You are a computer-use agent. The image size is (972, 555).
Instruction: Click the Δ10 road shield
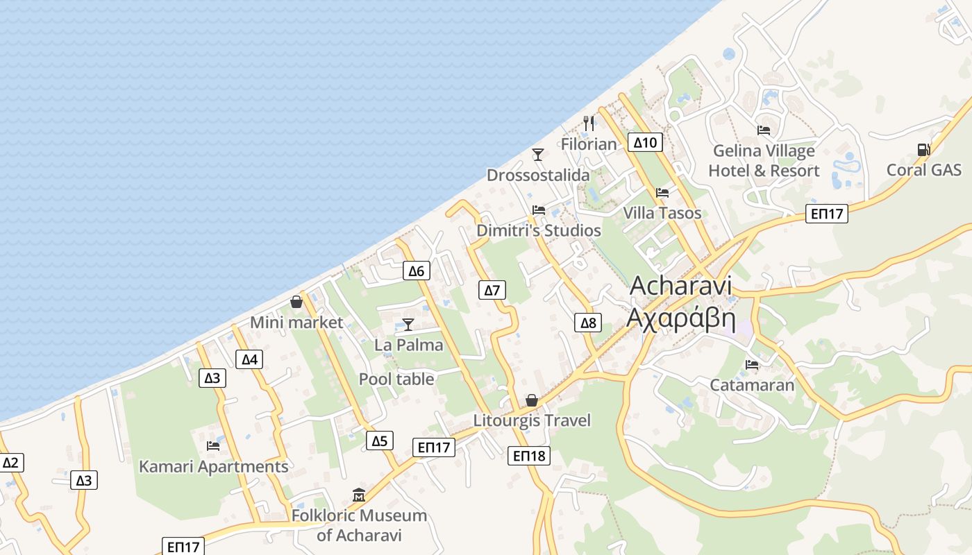click(x=645, y=143)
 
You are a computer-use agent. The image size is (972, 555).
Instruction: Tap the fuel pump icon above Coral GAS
click(x=923, y=149)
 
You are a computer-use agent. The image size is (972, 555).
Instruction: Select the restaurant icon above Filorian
click(x=589, y=123)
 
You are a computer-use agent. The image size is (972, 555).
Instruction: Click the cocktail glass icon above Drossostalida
click(x=538, y=154)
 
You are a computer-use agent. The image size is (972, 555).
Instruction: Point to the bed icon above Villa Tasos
click(x=662, y=192)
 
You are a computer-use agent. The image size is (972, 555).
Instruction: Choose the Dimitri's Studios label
click(x=539, y=230)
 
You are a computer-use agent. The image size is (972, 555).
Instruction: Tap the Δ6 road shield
click(x=416, y=271)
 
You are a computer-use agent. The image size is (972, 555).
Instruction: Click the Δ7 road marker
click(x=492, y=290)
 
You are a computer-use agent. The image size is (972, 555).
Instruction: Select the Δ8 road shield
click(x=588, y=322)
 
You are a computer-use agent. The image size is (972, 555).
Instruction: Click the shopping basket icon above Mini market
click(x=296, y=302)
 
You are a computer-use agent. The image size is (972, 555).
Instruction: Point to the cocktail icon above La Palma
click(x=408, y=324)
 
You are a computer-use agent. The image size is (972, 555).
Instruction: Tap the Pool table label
click(x=396, y=379)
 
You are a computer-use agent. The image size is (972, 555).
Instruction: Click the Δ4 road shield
click(x=249, y=359)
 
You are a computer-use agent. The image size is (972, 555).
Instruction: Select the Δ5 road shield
click(x=380, y=441)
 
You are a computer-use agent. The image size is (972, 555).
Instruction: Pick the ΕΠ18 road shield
click(x=529, y=456)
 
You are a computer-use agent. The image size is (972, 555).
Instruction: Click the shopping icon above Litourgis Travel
click(x=532, y=400)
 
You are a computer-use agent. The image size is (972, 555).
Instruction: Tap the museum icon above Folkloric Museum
click(x=359, y=495)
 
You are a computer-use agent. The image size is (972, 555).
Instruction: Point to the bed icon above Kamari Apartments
click(x=213, y=445)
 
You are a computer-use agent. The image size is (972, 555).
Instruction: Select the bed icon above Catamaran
click(x=752, y=364)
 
